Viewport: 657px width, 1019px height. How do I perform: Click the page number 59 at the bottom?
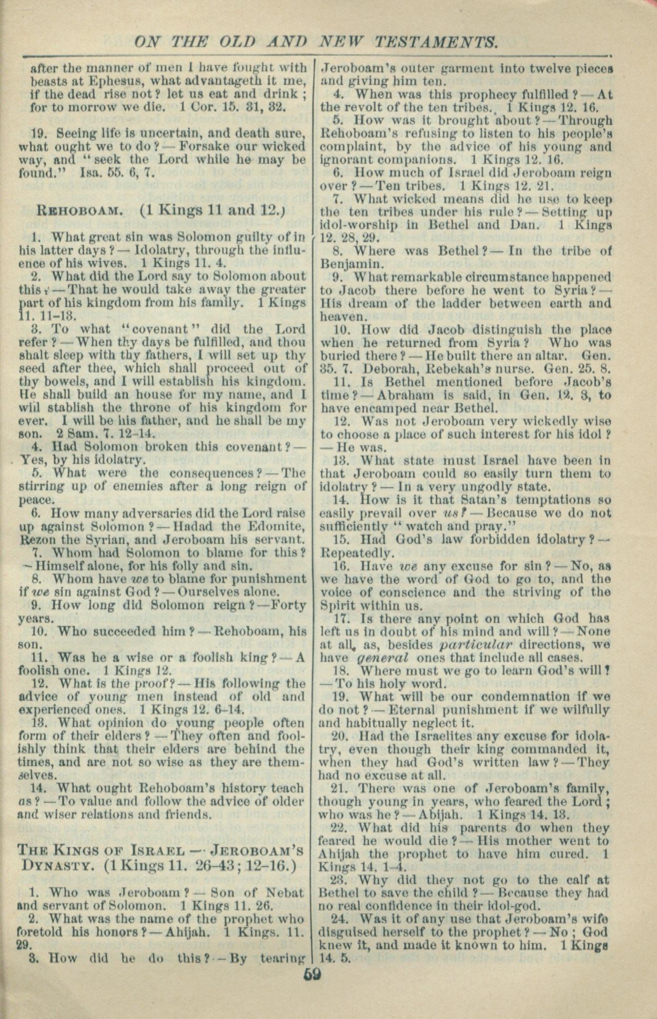tap(312, 974)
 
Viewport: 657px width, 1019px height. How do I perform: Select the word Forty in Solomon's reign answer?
tap(289, 605)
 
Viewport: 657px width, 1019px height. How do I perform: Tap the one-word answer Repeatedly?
tap(356, 553)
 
